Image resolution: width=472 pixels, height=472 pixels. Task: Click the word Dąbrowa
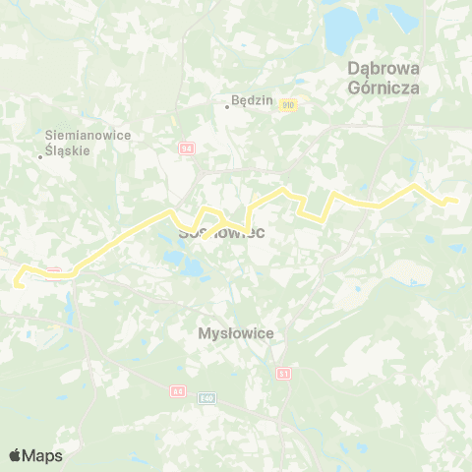coord(384,69)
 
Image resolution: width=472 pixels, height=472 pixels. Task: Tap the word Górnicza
coord(384,87)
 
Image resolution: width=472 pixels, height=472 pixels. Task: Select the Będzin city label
coord(249,99)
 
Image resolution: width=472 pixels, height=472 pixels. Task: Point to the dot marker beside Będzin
coord(227,107)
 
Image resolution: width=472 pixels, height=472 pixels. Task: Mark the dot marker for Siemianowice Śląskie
coord(39,155)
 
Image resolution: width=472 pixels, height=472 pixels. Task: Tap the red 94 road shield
coord(187,147)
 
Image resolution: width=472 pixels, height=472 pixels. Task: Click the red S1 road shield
coord(284,374)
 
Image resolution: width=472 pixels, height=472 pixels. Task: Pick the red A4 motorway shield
coord(178,390)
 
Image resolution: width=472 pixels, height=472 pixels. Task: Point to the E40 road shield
coord(206,398)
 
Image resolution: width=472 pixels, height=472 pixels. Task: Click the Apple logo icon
coord(15,455)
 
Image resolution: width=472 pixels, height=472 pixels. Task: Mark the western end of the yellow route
coord(16,285)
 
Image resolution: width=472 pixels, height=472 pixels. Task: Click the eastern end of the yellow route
coord(456,202)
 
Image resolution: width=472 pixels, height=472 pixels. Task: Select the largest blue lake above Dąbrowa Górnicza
coord(340,31)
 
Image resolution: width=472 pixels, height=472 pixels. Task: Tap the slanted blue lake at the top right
coord(402,17)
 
